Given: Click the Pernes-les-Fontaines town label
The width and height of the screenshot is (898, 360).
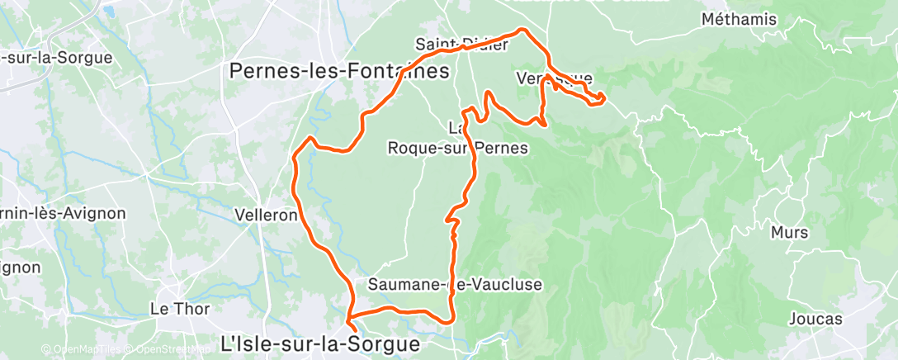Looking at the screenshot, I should pyautogui.click(x=339, y=72).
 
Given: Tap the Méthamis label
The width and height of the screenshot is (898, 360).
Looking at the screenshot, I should pyautogui.click(x=735, y=18).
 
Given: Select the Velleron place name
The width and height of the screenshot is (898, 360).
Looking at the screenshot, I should pyautogui.click(x=266, y=215).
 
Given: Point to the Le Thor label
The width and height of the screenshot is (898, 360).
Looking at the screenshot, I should pyautogui.click(x=179, y=309).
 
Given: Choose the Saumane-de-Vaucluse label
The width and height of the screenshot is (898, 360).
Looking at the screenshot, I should pyautogui.click(x=455, y=285).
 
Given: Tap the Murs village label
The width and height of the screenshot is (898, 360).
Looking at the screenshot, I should pyautogui.click(x=789, y=232).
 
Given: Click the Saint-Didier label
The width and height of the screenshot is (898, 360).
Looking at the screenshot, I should pyautogui.click(x=450, y=44).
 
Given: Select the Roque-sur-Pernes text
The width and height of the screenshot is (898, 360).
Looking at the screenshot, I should pyautogui.click(x=457, y=148).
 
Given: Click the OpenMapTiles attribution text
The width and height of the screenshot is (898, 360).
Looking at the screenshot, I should pyautogui.click(x=82, y=350).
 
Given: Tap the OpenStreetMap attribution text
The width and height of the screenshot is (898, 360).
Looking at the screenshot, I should pyautogui.click(x=168, y=350).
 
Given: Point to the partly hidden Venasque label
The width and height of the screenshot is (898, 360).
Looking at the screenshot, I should pyautogui.click(x=553, y=79).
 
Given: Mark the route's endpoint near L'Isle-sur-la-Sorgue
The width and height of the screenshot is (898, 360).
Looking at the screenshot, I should pyautogui.click(x=356, y=334).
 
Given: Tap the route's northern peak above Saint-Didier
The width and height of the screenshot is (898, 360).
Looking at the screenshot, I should pyautogui.click(x=522, y=31).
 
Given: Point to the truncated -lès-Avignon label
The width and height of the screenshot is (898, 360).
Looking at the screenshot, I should pyautogui.click(x=62, y=213).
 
